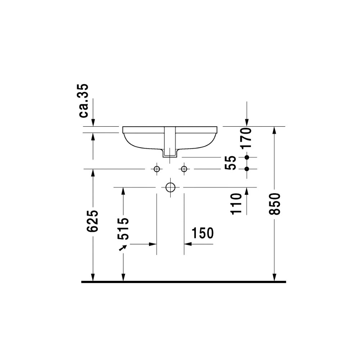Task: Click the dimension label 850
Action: [275, 204]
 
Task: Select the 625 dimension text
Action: [93, 220]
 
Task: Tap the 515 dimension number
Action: [123, 229]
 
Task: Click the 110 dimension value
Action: [236, 204]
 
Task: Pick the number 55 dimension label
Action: [230, 163]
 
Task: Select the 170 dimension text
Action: [246, 138]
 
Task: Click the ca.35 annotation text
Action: [84, 100]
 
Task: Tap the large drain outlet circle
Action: [170, 187]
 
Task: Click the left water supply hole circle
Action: [157, 169]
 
